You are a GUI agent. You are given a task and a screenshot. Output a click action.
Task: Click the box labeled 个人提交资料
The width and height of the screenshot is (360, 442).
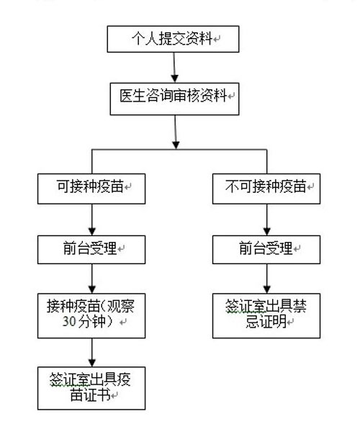point(173,39)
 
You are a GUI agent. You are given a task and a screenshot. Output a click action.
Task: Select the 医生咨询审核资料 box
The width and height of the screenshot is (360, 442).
point(174,99)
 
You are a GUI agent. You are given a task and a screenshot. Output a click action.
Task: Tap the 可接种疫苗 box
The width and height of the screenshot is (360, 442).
point(91,189)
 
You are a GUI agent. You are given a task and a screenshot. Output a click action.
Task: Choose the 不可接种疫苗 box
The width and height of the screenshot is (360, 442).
point(266,189)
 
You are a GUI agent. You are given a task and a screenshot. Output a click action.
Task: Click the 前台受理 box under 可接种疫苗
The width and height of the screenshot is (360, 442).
point(91,250)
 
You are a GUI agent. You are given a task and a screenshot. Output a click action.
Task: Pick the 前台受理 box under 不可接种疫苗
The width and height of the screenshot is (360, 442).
point(266,250)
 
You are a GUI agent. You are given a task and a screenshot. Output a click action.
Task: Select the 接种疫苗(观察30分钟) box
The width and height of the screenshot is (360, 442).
point(91,316)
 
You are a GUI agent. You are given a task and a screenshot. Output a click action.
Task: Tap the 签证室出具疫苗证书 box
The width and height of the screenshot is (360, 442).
point(91,388)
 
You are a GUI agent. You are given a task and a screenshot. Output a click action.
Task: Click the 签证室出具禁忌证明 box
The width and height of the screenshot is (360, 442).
point(266,316)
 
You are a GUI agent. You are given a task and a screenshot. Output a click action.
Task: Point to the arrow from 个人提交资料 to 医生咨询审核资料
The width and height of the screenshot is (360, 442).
point(174,68)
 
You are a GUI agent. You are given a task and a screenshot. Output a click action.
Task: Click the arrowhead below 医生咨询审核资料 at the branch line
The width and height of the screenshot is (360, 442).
point(176,145)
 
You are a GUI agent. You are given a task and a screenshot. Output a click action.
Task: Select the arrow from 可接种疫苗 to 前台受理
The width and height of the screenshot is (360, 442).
point(92,220)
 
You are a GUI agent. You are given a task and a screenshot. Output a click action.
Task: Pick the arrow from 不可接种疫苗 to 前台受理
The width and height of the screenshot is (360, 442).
point(266,220)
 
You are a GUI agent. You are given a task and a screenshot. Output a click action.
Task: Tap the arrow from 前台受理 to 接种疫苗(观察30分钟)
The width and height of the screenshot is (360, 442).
point(92,279)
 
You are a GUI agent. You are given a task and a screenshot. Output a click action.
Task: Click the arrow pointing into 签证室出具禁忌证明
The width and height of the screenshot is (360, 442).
point(266,279)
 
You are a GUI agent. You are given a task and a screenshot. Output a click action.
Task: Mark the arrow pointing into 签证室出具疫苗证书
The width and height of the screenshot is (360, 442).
point(92,352)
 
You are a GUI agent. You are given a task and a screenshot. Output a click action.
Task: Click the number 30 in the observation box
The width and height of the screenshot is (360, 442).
point(69,321)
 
